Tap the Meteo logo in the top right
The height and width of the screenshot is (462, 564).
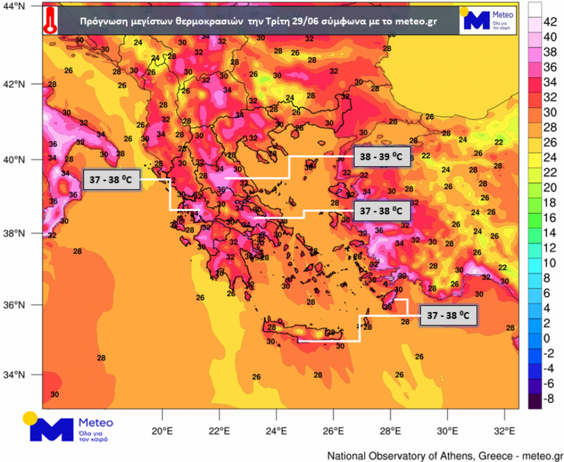click(x=489, y=20)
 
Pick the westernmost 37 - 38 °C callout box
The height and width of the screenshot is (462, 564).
click(x=110, y=179)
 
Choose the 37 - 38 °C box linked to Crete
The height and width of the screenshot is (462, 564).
click(x=448, y=315)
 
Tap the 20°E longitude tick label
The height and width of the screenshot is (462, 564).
click(x=162, y=431)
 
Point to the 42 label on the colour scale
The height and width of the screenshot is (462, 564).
click(x=549, y=22)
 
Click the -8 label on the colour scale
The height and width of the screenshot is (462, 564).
click(x=548, y=397)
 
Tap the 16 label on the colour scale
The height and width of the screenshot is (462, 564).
click(x=549, y=217)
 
